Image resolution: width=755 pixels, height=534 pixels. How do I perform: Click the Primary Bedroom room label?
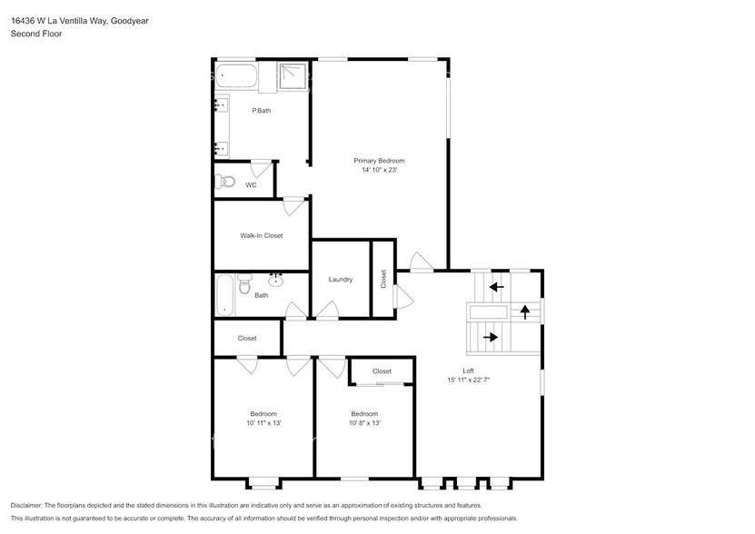pos(379,161)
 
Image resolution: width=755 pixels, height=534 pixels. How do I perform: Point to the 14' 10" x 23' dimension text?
pos(379,170)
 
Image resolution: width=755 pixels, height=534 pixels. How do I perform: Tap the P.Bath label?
pos(261,111)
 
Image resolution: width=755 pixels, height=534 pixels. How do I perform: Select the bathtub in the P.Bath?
pos(235,77)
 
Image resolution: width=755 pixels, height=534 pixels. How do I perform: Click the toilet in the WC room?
pos(224,182)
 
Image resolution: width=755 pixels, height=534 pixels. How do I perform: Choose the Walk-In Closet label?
pos(261,235)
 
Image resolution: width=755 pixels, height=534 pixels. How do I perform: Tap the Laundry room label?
pos(341,279)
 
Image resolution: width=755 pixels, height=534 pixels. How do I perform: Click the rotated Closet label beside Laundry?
pos(383,278)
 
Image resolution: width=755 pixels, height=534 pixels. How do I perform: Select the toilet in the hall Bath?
pos(243,287)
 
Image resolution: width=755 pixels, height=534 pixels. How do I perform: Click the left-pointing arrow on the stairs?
pos(495,288)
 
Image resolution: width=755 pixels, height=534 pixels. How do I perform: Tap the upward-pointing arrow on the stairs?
pos(524,311)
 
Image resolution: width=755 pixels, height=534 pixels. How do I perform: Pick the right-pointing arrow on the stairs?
pos(491,337)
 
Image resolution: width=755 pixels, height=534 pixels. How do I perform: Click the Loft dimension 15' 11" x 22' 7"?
pos(469,380)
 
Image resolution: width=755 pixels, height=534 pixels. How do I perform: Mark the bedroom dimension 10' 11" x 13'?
pos(263,422)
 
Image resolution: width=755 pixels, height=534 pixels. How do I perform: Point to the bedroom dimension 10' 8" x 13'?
pos(365,422)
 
